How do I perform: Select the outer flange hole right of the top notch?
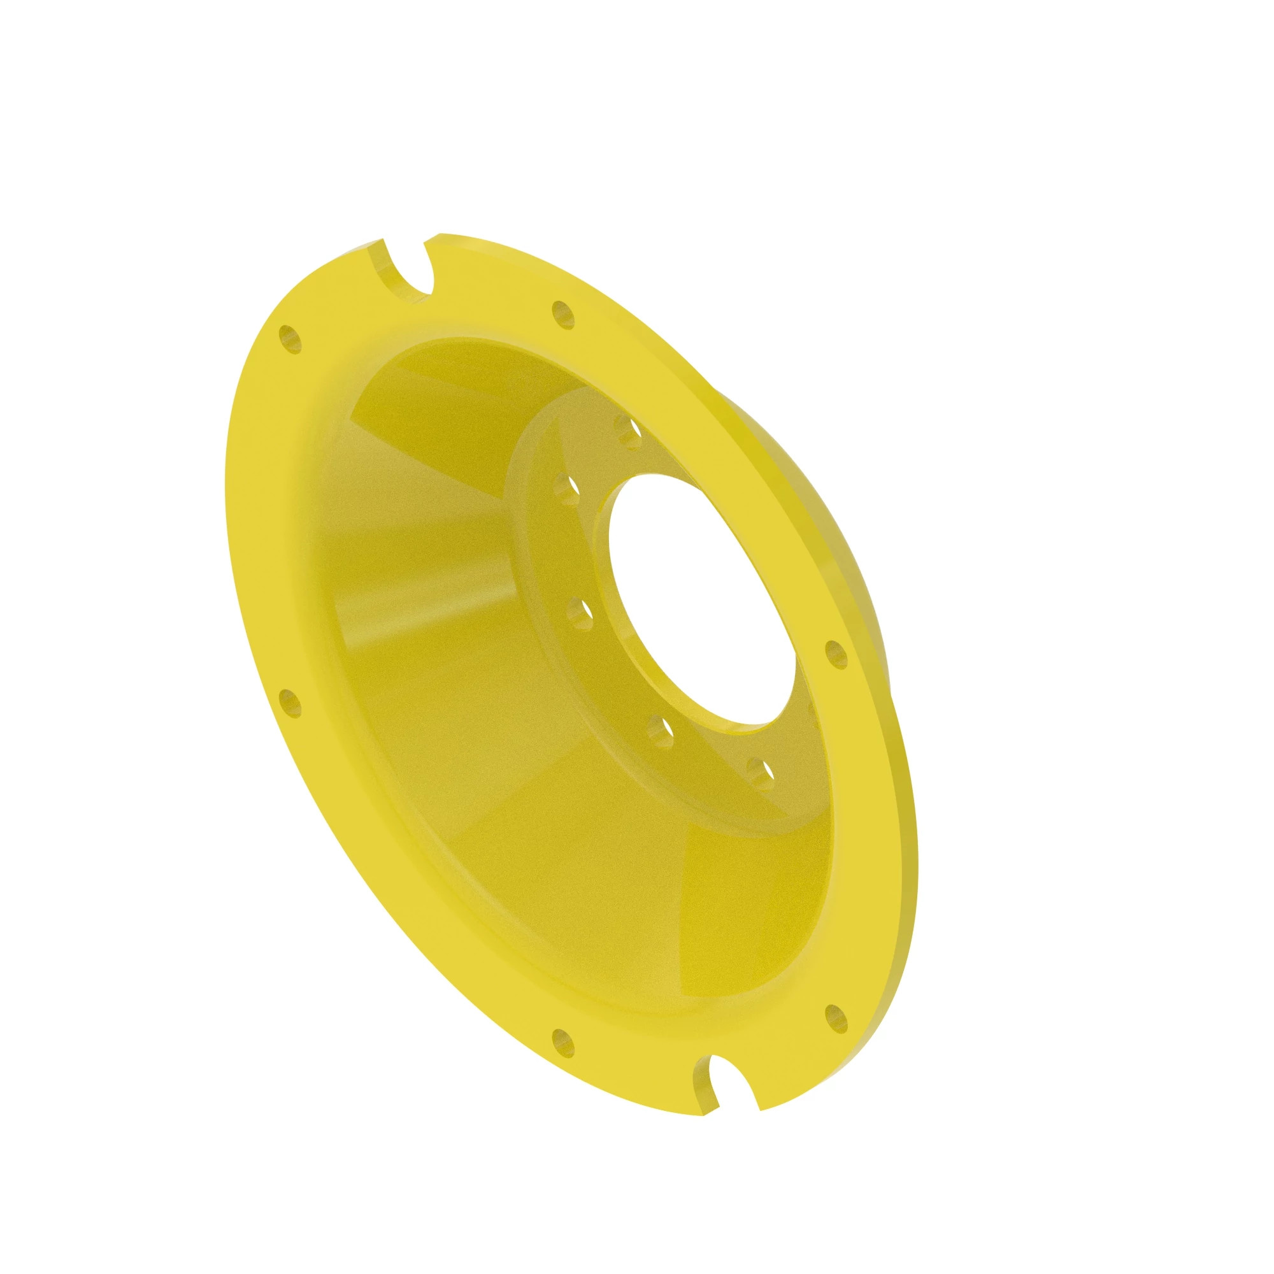click(562, 314)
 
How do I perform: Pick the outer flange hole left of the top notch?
click(290, 339)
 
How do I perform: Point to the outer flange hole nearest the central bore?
click(836, 654)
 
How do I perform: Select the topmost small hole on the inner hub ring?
click(627, 432)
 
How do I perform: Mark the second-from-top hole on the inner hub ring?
click(567, 489)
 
